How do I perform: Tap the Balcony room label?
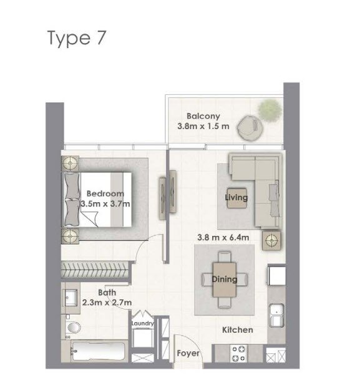(203, 115)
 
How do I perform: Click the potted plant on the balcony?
(269, 109)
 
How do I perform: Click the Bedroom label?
(105, 193)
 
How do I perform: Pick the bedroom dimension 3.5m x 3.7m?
(105, 203)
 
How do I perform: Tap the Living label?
(236, 198)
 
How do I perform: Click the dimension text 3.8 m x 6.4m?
(223, 237)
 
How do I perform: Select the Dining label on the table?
(224, 279)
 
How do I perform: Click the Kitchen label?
(238, 329)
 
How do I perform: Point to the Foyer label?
(188, 354)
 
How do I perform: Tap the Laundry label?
(143, 324)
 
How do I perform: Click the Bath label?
(107, 292)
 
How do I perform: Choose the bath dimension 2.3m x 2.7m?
(107, 303)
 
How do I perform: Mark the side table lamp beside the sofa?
(271, 239)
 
